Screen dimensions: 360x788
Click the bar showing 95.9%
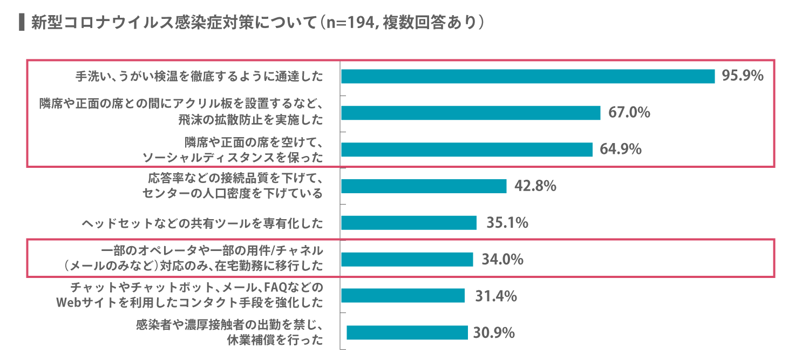(x=528, y=76)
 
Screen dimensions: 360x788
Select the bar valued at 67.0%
(x=471, y=113)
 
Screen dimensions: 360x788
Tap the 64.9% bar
(x=466, y=150)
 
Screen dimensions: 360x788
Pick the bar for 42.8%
(x=424, y=186)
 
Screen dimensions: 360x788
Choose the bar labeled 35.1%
(x=409, y=222)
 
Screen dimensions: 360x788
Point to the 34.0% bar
(x=407, y=259)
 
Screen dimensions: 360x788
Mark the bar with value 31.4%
(x=403, y=296)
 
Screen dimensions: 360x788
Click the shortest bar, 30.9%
(x=407, y=332)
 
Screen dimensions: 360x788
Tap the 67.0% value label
(x=629, y=112)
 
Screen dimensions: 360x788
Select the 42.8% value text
(x=535, y=186)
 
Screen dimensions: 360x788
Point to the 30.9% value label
(x=494, y=332)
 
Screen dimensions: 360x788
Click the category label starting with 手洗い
(x=199, y=77)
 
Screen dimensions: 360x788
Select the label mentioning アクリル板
(x=181, y=102)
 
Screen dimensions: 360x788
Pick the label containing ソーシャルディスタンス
(x=233, y=158)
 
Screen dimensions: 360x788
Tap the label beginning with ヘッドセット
(x=202, y=223)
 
